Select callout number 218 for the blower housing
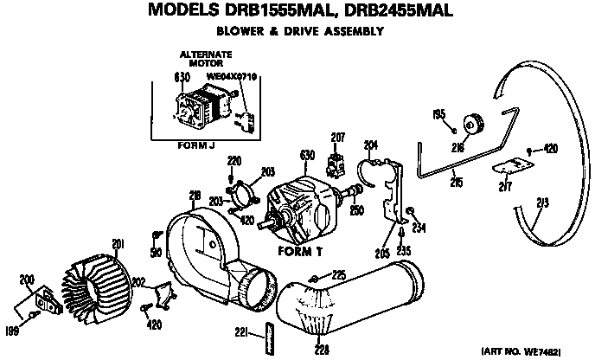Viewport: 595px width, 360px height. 195,197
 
